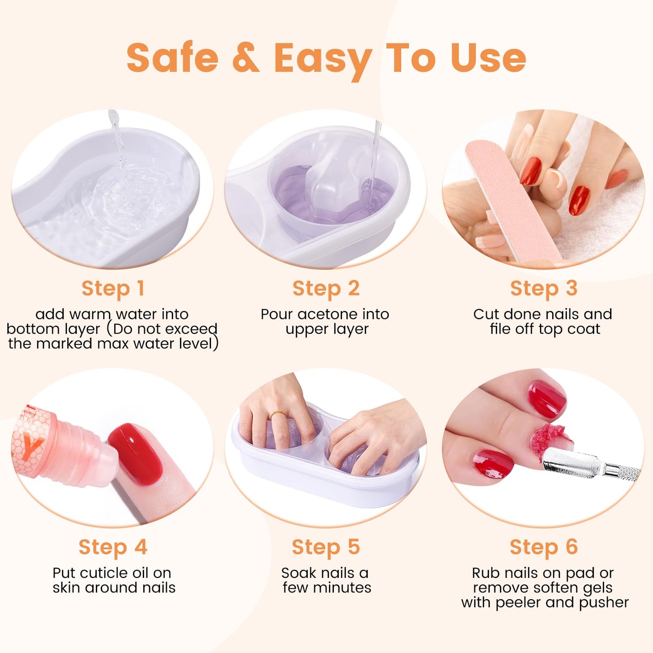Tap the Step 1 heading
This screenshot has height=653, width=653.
(113, 289)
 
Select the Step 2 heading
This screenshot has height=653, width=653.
(326, 289)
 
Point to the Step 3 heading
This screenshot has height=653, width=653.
(544, 289)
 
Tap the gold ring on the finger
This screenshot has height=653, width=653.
(278, 415)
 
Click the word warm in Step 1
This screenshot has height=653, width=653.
(91, 315)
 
